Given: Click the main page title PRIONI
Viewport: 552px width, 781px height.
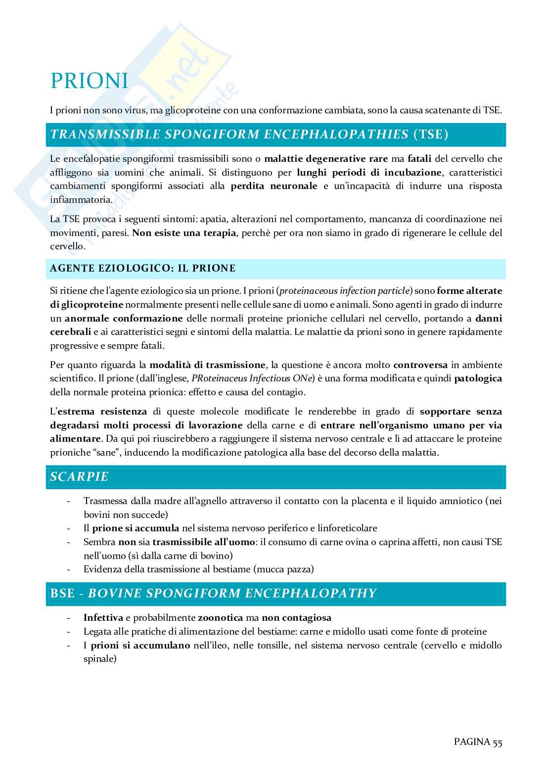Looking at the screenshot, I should coord(89,81).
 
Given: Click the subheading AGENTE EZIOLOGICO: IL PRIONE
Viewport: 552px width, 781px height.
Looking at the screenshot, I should coord(142,269).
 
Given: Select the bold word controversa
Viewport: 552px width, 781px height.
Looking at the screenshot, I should coord(420,365).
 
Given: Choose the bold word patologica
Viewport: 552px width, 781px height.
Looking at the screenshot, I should coord(478,378).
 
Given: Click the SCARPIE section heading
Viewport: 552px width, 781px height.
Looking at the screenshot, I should coord(79,477).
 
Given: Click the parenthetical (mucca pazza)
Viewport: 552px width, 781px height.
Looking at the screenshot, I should coord(283,569).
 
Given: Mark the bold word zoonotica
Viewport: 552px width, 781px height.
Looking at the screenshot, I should coord(221,618).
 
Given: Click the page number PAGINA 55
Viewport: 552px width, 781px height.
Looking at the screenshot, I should coord(477,741).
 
